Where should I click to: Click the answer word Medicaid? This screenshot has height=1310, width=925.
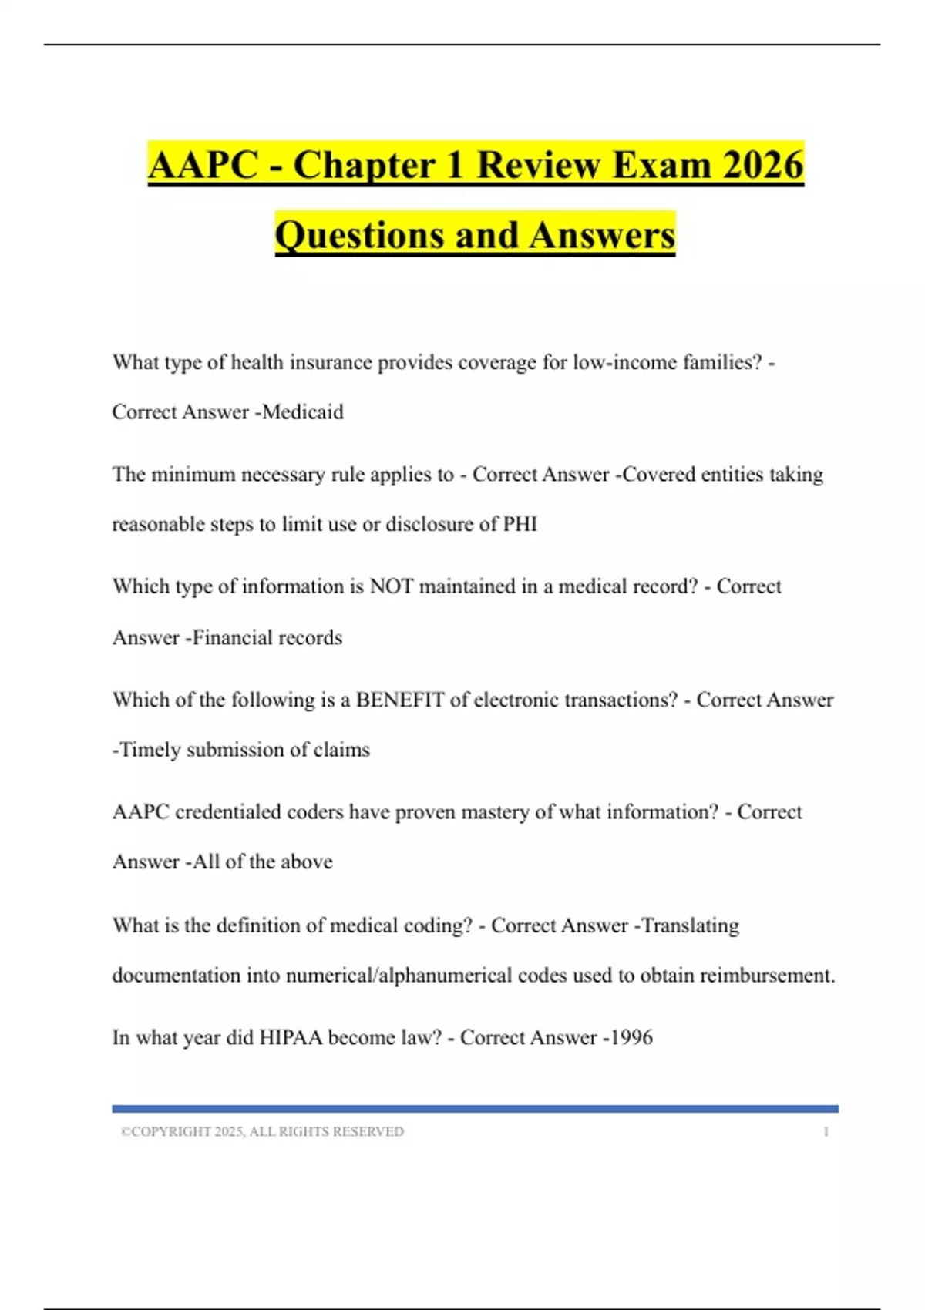click(303, 412)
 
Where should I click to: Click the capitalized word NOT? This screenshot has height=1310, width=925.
click(391, 586)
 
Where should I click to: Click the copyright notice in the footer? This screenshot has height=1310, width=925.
click(262, 1131)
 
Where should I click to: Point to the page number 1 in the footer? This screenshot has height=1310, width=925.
click(826, 1131)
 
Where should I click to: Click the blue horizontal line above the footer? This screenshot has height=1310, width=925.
click(475, 1108)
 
